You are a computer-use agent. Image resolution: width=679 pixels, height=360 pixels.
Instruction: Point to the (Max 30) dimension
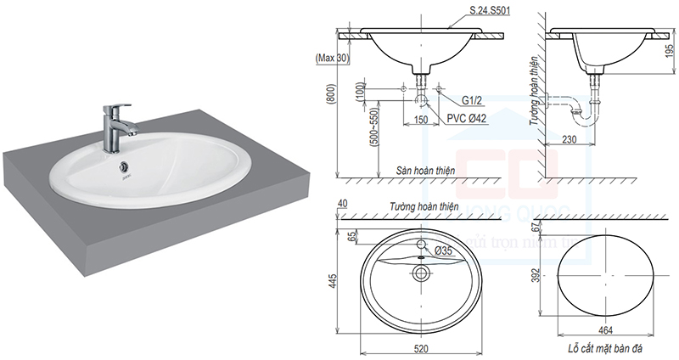333,58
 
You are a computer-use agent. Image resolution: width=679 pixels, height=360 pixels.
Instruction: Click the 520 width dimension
421,348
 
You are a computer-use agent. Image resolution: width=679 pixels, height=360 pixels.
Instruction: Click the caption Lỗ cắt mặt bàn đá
605,349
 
